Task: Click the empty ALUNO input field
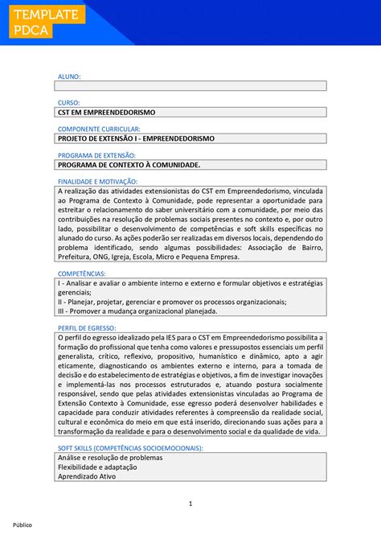(190, 85)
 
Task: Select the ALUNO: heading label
(68, 76)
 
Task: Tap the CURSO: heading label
(68, 103)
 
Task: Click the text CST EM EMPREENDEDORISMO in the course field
(106, 112)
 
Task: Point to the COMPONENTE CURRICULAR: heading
(99, 129)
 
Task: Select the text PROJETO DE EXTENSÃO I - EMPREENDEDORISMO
(136, 138)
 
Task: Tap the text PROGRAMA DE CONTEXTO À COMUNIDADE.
(129, 165)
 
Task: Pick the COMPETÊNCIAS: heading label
(81, 274)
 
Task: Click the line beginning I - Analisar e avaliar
(190, 284)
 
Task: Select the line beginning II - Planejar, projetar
(172, 302)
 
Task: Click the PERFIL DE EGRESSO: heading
(87, 328)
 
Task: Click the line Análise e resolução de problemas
(110, 457)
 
